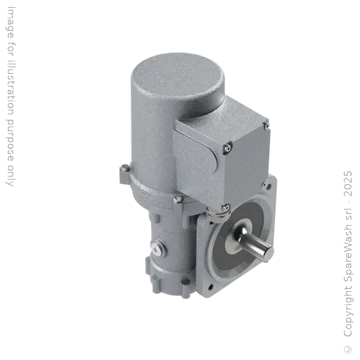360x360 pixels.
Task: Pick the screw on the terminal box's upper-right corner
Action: tap(264, 127)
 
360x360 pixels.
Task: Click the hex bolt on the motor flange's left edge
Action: tap(124, 167)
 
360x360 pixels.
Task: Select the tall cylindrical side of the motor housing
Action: tap(144, 141)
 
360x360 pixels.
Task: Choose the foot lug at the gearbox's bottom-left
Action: tap(156, 278)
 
